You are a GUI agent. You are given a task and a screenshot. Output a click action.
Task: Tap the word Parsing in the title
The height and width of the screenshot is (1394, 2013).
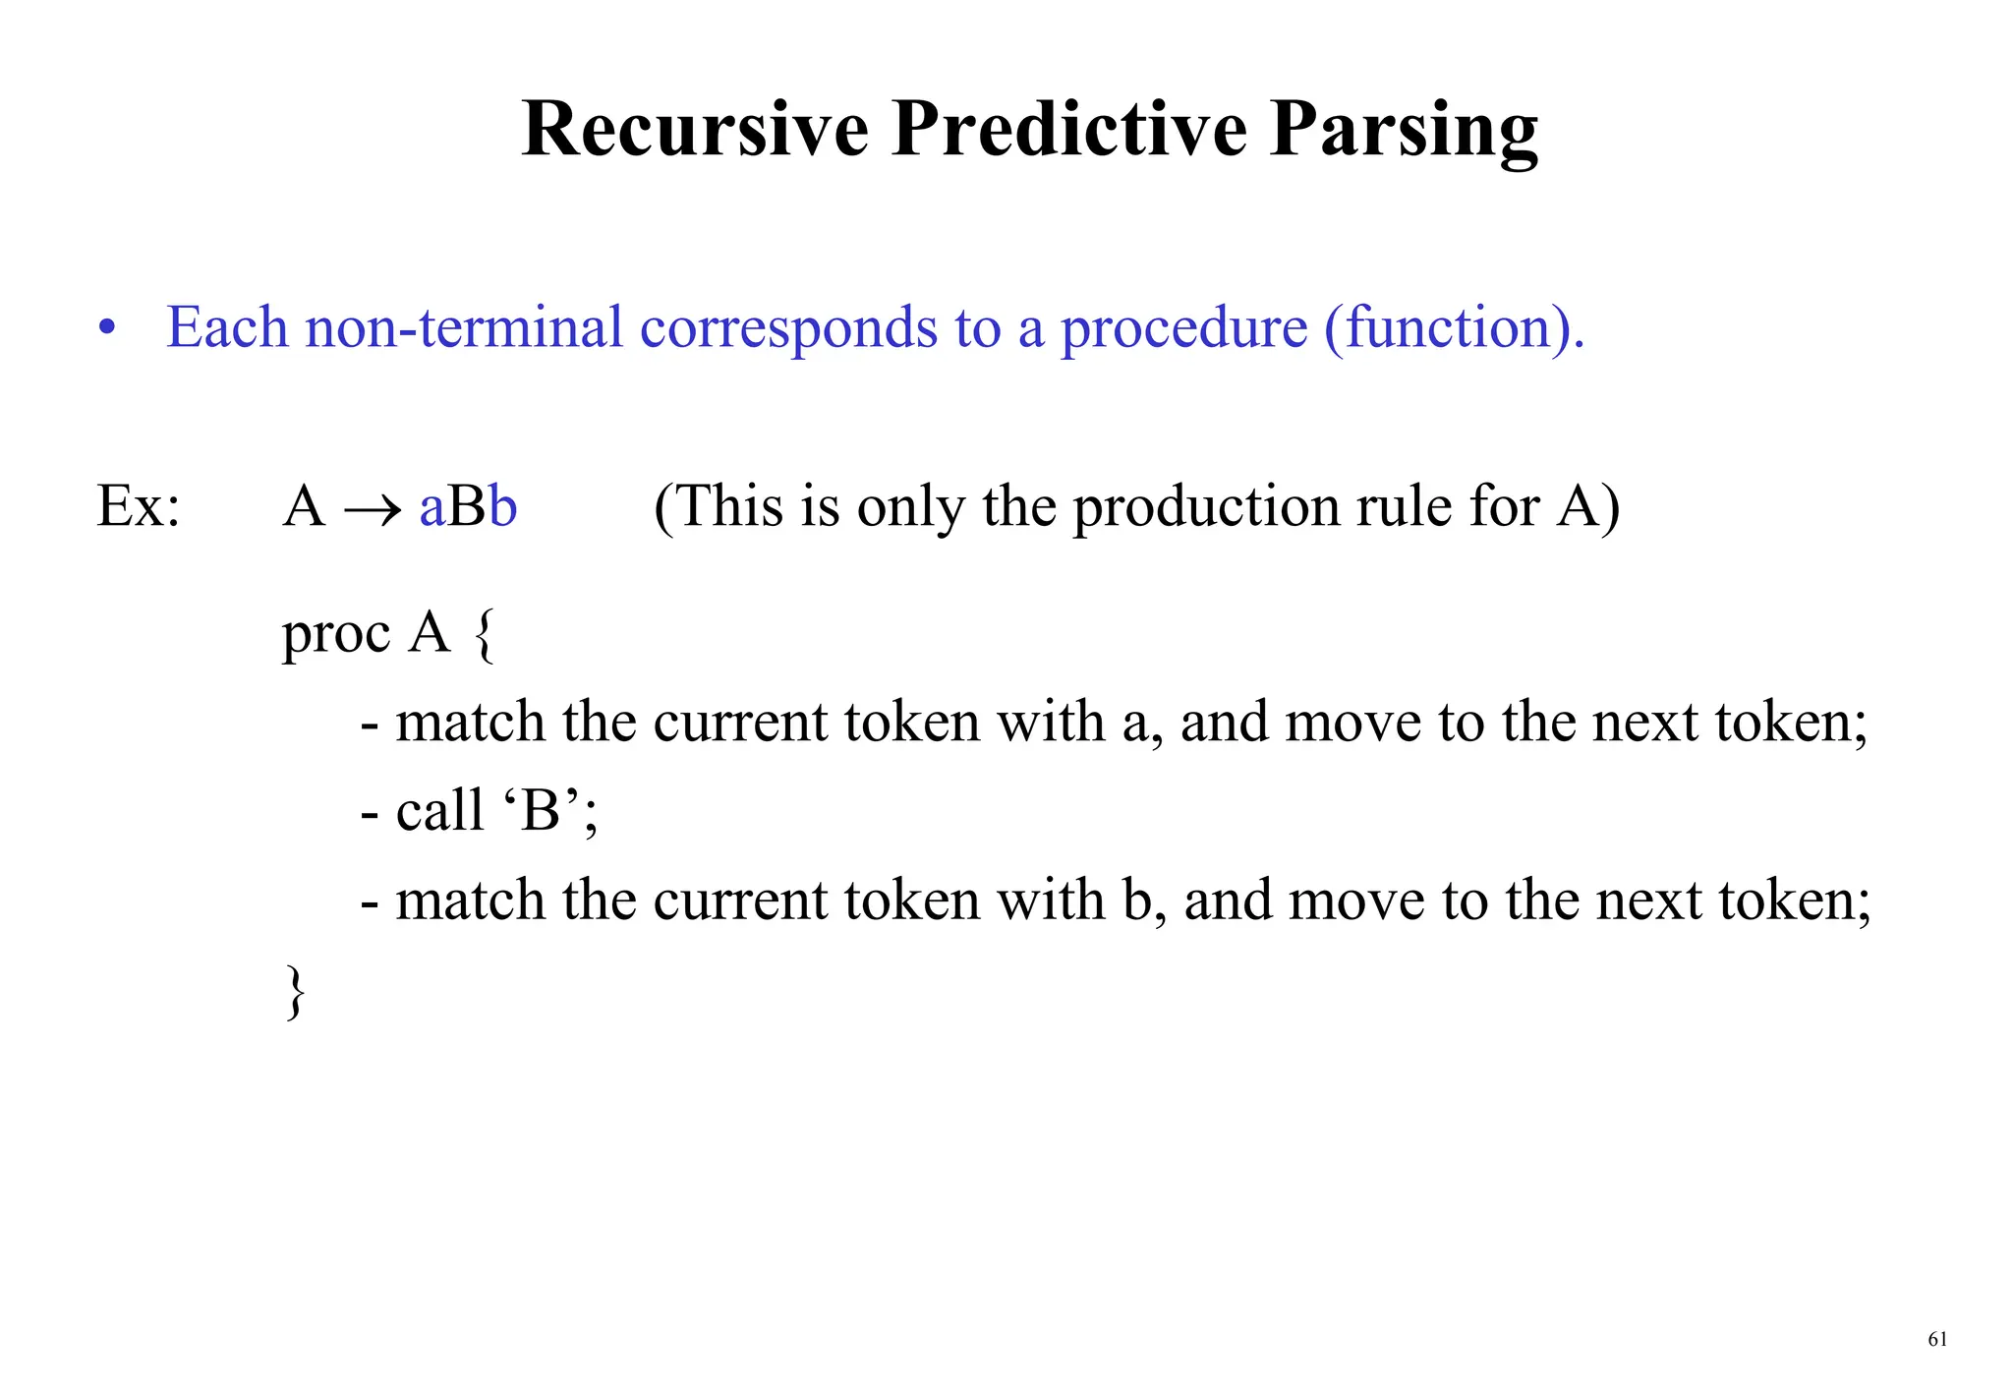[1404, 131]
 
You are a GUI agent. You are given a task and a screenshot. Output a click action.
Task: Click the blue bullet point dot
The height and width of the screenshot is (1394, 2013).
[107, 329]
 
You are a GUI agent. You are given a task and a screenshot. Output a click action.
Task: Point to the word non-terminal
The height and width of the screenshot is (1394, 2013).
[464, 327]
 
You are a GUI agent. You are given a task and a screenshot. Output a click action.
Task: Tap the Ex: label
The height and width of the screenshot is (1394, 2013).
[139, 507]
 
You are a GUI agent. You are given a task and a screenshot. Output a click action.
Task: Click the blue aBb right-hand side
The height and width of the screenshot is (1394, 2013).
[468, 507]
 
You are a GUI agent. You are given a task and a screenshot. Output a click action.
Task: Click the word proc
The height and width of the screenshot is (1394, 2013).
[336, 634]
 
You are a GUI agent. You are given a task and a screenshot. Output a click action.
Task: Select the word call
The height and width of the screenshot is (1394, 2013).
[439, 812]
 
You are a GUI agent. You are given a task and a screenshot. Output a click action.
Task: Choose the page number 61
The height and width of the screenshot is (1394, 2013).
[1937, 1339]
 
